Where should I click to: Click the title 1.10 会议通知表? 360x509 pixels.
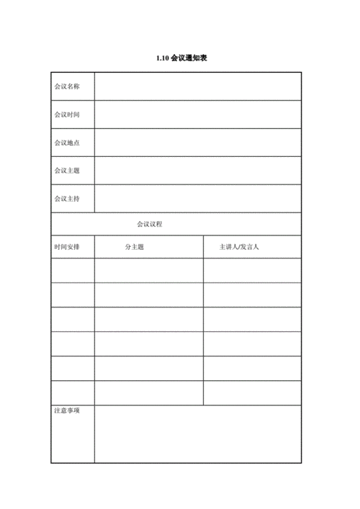pos(176,58)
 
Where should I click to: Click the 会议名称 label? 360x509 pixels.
pos(66,86)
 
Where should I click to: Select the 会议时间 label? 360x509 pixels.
pos(66,114)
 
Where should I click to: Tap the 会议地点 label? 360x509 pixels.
pos(66,143)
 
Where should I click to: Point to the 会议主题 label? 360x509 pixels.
pos(66,171)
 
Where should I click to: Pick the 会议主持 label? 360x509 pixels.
pos(66,199)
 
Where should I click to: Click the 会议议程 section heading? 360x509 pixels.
pos(150,224)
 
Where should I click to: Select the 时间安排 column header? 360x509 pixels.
pos(66,247)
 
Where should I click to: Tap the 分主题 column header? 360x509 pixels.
pos(134,247)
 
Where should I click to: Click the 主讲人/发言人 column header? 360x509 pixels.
pos(239,247)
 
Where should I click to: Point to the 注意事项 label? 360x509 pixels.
pos(66,411)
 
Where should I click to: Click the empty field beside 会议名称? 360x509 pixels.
pos(197,86)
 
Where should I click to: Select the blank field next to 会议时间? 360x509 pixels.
pos(197,114)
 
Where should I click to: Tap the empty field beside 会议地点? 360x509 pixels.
pos(197,143)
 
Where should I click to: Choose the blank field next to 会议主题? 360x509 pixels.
pos(197,171)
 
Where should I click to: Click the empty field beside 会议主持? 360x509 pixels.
pos(197,199)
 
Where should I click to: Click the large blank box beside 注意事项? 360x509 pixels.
pos(197,434)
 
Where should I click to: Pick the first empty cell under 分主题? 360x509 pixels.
pos(148,271)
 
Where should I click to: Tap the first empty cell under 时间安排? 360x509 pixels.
pos(72,271)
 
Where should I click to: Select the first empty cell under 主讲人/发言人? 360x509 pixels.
pos(252,271)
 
